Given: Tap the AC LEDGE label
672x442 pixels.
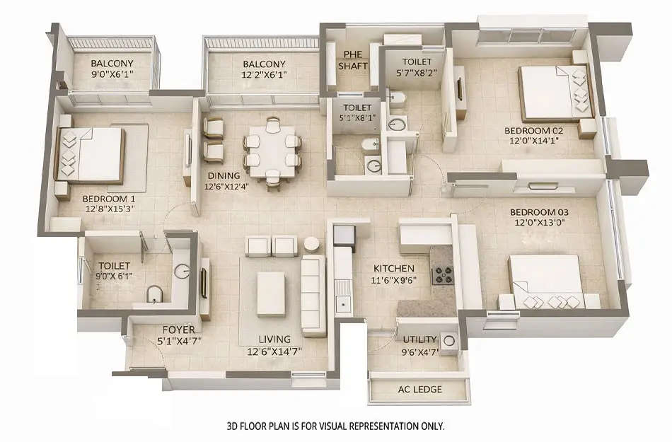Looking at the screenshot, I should pyautogui.click(x=419, y=390).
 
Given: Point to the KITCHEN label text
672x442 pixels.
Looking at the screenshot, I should pyautogui.click(x=393, y=268).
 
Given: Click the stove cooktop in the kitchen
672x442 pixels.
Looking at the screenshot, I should pyautogui.click(x=443, y=274).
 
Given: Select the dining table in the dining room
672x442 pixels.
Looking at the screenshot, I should pyautogui.click(x=272, y=151).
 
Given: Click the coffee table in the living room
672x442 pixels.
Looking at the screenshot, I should pyautogui.click(x=270, y=292).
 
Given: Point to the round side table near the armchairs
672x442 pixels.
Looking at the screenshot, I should pyautogui.click(x=311, y=244).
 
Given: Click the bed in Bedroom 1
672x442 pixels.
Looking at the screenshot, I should pyautogui.click(x=91, y=155).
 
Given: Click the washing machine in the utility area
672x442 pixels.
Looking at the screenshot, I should pyautogui.click(x=448, y=339).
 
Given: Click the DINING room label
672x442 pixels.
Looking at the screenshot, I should pyautogui.click(x=224, y=175).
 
